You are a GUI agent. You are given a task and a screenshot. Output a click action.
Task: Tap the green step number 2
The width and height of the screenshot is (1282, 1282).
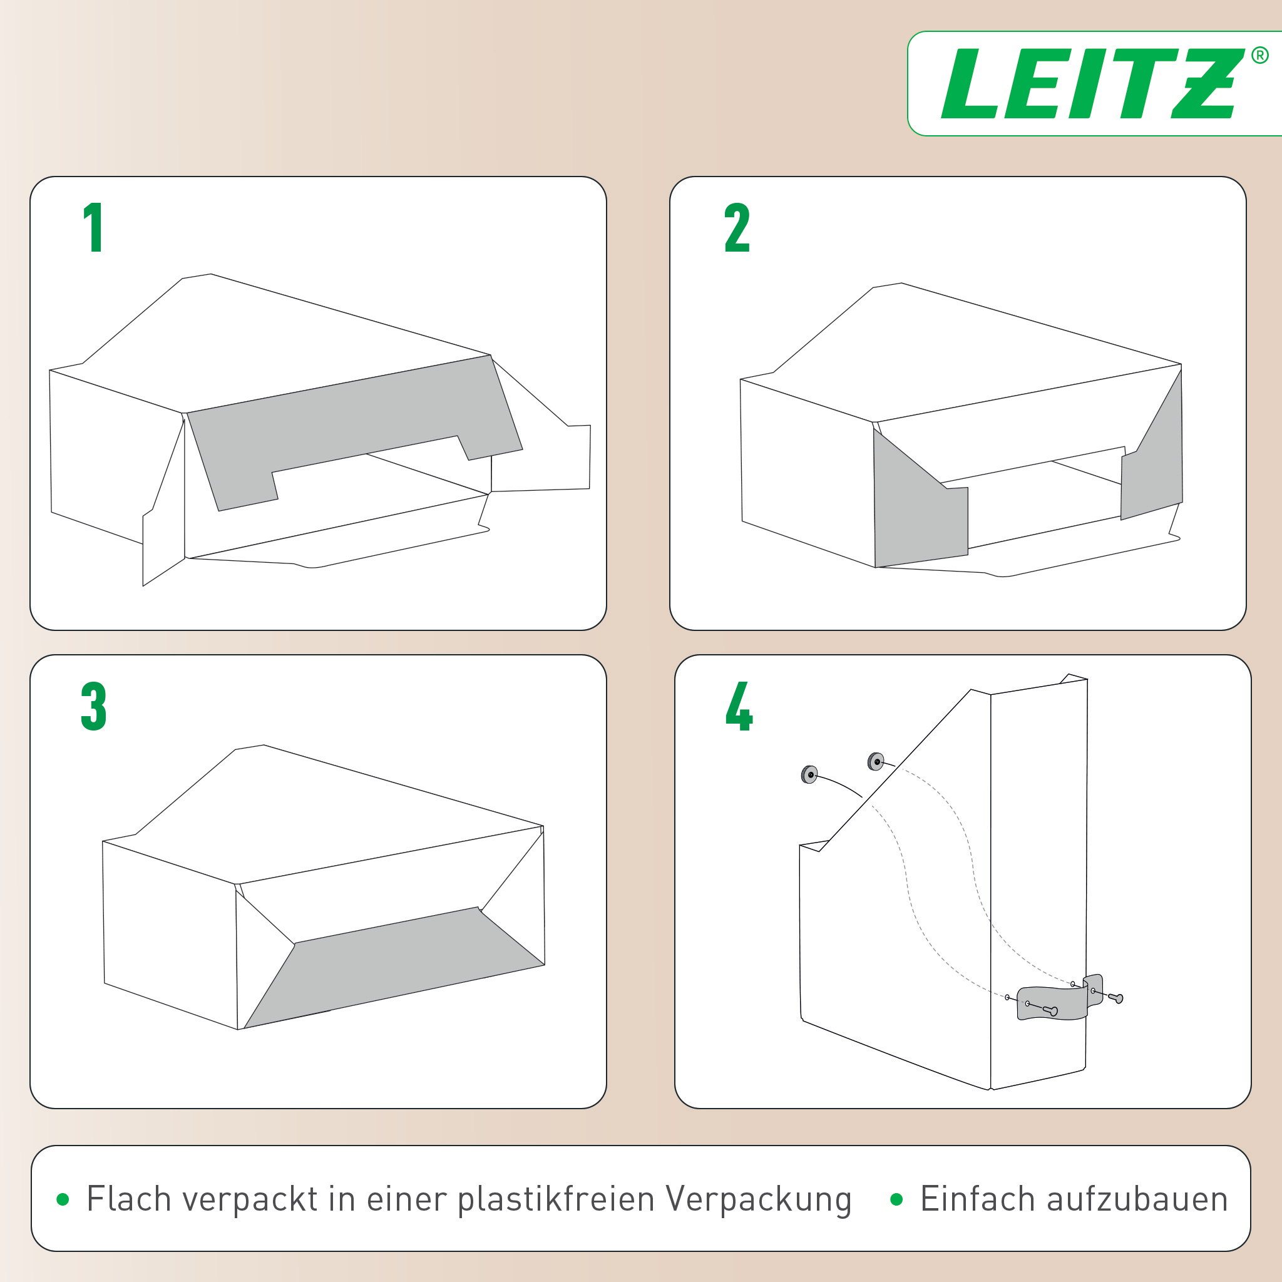pos(737,228)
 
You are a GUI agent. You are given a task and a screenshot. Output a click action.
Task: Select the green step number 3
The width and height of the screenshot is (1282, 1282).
pos(93,706)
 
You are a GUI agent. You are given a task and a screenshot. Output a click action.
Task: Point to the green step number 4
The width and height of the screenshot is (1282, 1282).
pos(739,706)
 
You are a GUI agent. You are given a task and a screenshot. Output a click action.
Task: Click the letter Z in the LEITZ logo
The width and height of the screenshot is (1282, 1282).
pos(1206,84)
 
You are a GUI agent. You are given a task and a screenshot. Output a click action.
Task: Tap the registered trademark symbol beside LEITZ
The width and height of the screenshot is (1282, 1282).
pos(1259,56)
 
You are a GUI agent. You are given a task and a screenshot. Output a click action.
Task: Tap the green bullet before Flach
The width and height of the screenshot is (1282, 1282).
pos(63,1199)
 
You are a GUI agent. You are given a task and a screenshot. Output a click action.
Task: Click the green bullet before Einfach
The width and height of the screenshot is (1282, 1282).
pos(896,1199)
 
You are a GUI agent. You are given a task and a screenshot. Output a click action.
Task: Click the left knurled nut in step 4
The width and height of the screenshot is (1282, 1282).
pos(809,774)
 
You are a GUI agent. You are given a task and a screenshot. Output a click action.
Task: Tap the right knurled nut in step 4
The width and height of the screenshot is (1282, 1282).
pos(875,762)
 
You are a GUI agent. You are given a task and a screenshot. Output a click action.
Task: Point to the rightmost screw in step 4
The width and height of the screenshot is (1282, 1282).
pos(1116,997)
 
